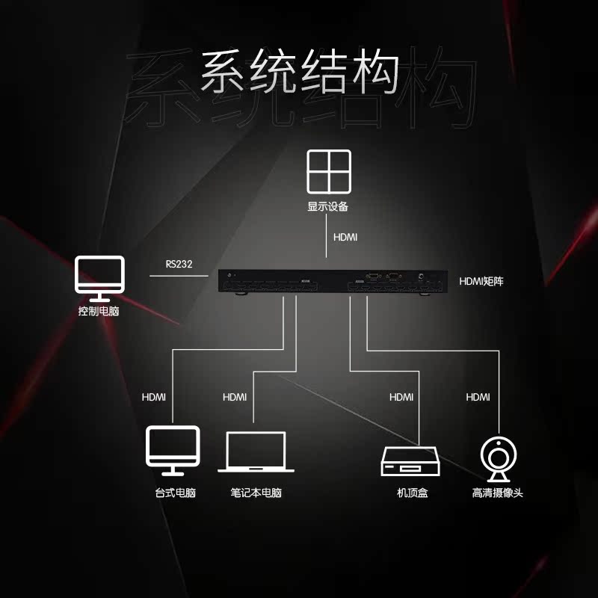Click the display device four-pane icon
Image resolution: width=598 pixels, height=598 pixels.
[328, 173]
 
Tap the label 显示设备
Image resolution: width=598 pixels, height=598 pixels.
[328, 206]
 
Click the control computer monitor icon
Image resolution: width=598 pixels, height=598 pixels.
[99, 278]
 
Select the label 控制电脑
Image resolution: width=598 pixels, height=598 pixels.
[99, 311]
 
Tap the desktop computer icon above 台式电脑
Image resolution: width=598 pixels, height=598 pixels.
[173, 450]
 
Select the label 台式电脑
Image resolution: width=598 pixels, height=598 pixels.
[175, 493]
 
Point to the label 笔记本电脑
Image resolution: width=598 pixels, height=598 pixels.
[256, 493]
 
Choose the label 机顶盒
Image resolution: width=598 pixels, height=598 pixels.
[413, 493]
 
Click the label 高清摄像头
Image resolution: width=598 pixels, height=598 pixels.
[497, 493]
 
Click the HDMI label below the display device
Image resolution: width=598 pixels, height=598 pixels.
[345, 237]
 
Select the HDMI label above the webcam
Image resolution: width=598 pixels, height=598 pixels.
[478, 397]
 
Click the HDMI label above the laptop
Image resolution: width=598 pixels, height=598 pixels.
[235, 397]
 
